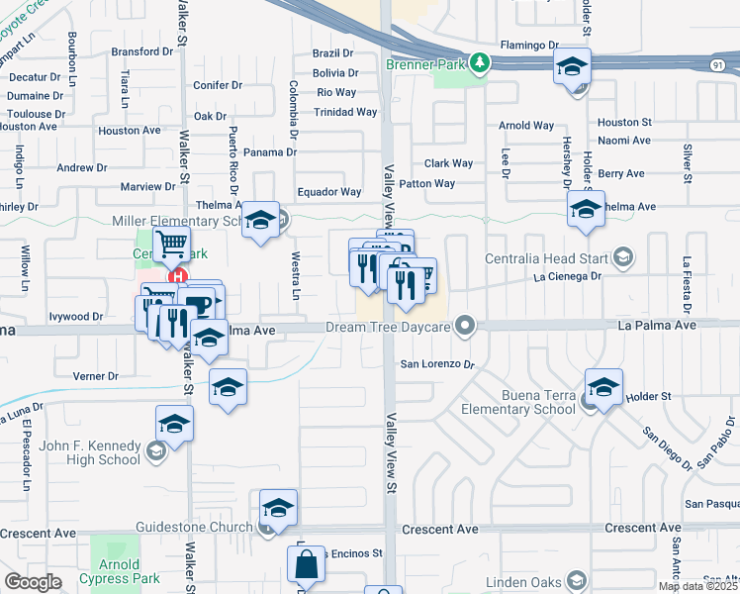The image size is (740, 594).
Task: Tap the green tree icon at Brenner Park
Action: (480, 63)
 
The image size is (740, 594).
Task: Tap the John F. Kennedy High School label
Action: (90, 452)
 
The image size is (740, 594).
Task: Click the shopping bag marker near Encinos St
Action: (307, 566)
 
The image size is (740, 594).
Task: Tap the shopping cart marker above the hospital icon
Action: (172, 243)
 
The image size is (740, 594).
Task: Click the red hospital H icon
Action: (177, 277)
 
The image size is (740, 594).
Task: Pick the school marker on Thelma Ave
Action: (586, 210)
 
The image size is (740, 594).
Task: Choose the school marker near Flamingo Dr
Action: (570, 68)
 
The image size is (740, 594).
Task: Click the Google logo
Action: (33, 581)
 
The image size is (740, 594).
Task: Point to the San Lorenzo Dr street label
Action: (437, 364)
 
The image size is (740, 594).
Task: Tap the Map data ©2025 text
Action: (698, 586)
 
